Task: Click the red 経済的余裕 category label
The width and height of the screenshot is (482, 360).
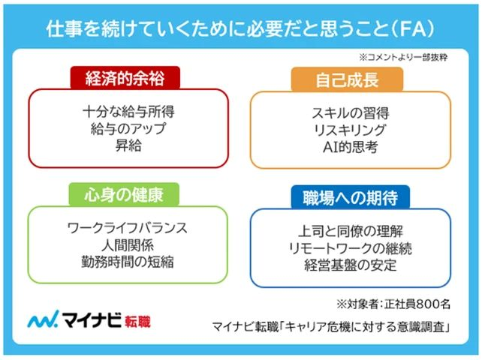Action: click(127, 78)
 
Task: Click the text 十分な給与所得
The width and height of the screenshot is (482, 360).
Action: click(128, 112)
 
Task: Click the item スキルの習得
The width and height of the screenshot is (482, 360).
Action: click(350, 113)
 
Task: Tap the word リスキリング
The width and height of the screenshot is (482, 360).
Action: click(350, 130)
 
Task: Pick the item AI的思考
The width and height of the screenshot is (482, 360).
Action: click(350, 146)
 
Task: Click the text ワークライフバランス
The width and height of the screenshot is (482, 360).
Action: click(127, 227)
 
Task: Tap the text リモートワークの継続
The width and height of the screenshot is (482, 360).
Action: click(351, 248)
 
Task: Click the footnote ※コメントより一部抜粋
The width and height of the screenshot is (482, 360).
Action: click(402, 57)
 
